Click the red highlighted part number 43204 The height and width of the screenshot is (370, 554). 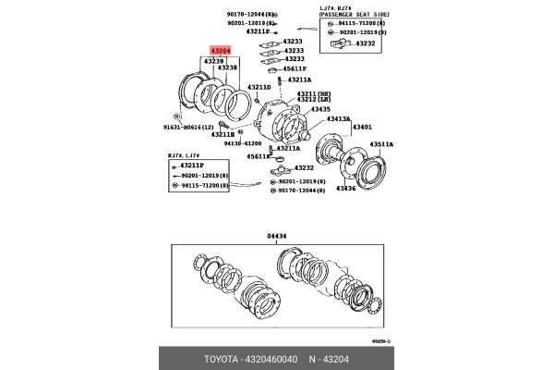point(221,51)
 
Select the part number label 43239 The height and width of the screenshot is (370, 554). point(213,60)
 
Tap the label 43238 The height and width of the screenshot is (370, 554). point(227,68)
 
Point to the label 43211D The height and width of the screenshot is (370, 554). point(259,87)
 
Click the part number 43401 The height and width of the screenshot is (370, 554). point(363,127)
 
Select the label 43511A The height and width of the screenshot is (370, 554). point(382,144)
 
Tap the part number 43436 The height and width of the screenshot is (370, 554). point(344,189)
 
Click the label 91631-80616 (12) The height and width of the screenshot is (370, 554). point(187,127)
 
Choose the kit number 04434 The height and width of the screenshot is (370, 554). point(277,236)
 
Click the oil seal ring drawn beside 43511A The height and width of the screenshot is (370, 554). point(375,172)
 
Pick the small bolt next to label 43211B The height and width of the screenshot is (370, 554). point(222,125)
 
